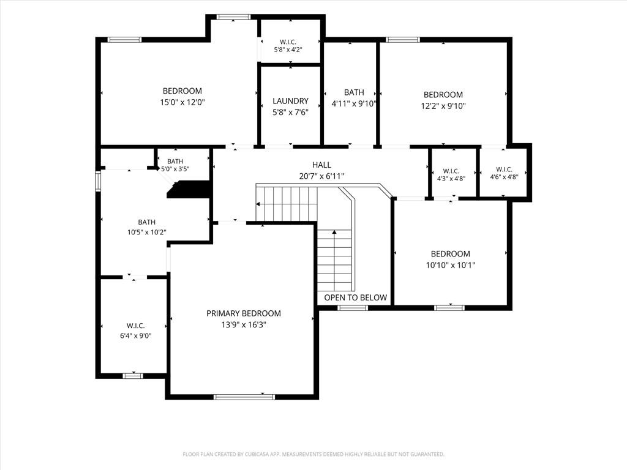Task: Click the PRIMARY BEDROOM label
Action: (x=244, y=313)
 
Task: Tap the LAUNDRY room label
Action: (x=291, y=101)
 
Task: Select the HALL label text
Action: (x=321, y=165)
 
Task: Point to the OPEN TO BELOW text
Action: (x=356, y=297)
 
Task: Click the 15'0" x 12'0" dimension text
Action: (x=182, y=102)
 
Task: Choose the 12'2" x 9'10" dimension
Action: (x=443, y=106)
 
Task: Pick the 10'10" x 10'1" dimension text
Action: (x=451, y=265)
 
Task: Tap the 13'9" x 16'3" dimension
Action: (x=244, y=324)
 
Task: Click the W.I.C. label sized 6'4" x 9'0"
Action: (x=136, y=326)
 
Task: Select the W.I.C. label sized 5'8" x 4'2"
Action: (x=288, y=42)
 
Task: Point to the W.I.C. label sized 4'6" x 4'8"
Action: (x=505, y=170)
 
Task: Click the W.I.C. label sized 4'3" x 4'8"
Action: (x=451, y=171)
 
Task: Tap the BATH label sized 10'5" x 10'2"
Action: (x=147, y=222)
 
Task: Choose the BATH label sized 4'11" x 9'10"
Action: (x=355, y=92)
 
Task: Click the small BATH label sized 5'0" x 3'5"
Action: (x=175, y=162)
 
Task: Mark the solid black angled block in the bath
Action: (x=189, y=190)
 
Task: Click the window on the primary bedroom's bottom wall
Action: (x=244, y=397)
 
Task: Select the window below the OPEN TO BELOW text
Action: (x=353, y=308)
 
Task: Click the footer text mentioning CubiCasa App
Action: (x=313, y=455)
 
